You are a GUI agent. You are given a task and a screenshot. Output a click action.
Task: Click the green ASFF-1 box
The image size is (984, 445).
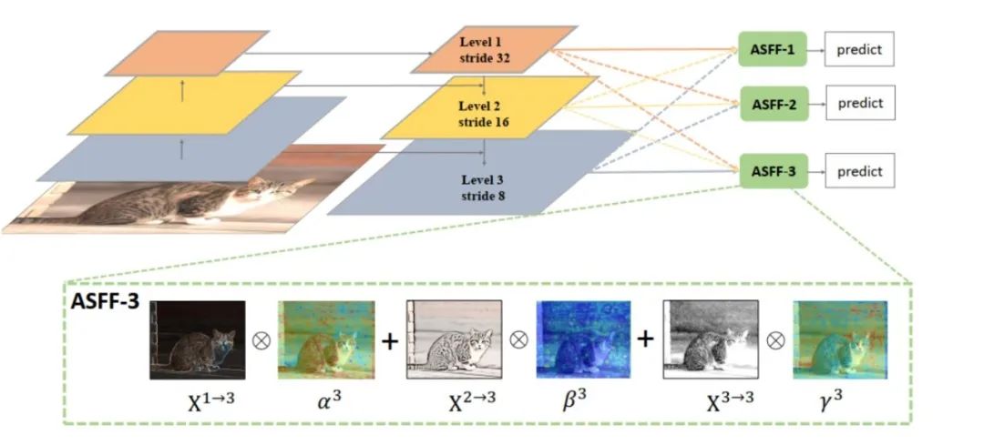pos(773,49)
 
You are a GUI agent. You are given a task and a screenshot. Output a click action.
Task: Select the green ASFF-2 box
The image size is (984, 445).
pos(774,105)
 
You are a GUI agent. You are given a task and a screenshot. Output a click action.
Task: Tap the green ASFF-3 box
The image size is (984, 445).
pos(774,171)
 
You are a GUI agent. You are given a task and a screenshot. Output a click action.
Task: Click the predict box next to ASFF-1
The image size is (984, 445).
pos(859,49)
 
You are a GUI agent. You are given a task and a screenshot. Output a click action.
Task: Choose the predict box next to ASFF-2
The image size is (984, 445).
pos(859,104)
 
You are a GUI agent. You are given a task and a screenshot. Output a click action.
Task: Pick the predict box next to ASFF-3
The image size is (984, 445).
pos(859,171)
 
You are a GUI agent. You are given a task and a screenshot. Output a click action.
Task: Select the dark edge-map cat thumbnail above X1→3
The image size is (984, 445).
pos(198,339)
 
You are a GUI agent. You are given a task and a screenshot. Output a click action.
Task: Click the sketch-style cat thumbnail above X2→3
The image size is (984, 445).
pos(454,339)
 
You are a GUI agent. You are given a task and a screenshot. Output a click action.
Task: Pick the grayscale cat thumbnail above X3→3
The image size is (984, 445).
pos(711,339)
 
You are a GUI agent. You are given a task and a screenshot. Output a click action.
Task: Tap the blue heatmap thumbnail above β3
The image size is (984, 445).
pos(581,339)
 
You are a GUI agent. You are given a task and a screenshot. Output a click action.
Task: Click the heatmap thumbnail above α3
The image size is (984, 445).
pos(326,339)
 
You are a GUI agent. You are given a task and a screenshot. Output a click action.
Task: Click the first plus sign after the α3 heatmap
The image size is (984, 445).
pos(390,340)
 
